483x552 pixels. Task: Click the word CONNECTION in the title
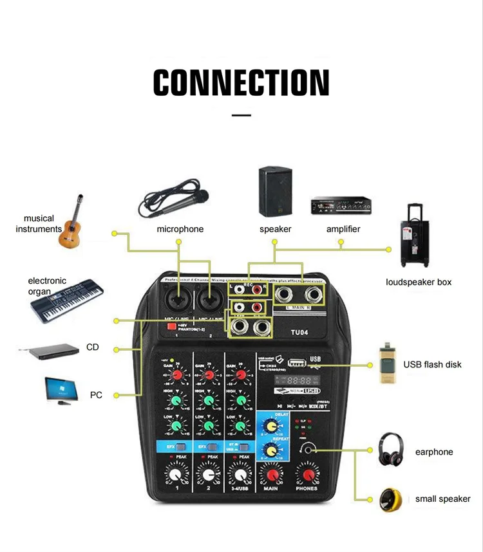click(241, 82)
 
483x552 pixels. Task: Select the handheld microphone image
click(173, 203)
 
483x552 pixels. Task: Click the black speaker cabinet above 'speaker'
click(276, 191)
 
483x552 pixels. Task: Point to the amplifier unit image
click(341, 206)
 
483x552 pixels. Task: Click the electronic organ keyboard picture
click(66, 300)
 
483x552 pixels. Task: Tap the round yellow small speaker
click(391, 499)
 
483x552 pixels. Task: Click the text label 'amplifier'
click(343, 229)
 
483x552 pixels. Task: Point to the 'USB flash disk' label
click(432, 364)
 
